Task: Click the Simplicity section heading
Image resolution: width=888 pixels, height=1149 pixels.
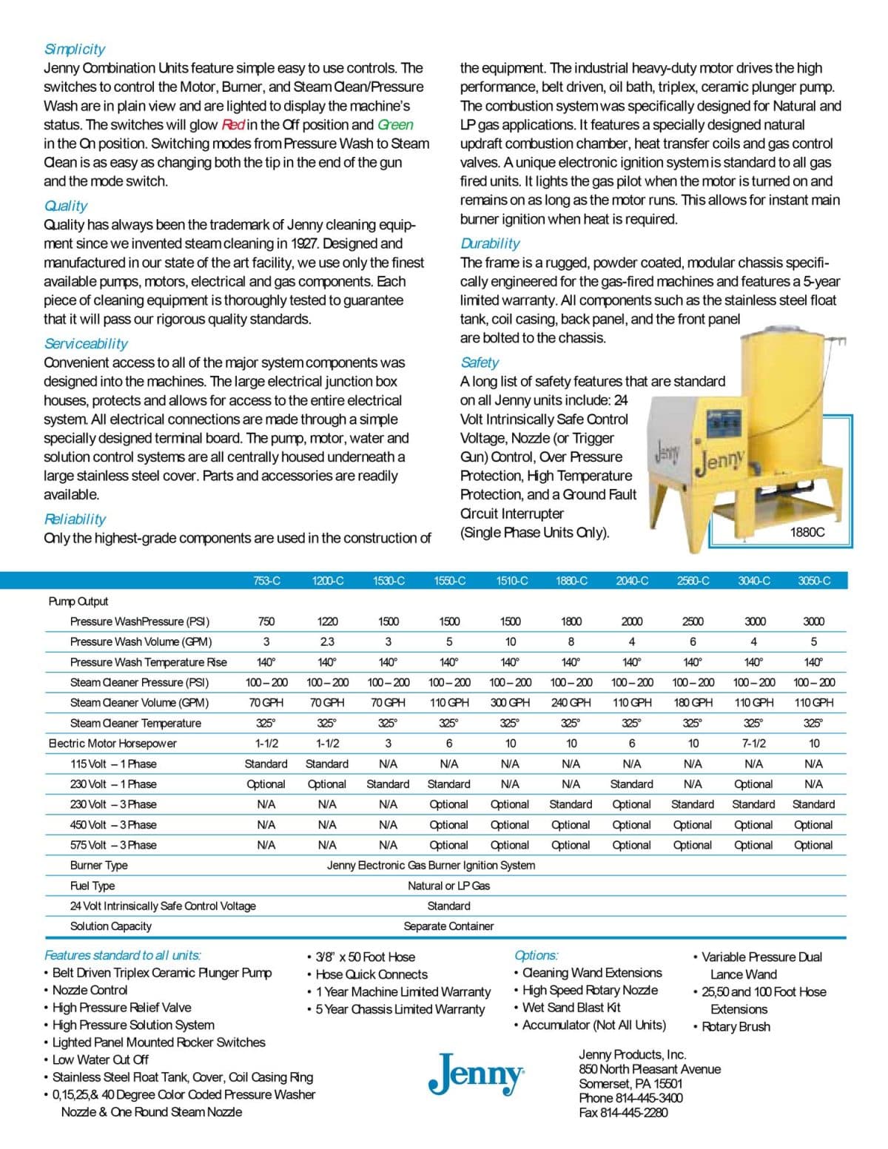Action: [x=74, y=49]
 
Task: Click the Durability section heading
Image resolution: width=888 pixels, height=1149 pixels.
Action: [x=490, y=243]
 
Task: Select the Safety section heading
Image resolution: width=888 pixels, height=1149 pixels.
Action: [x=480, y=363]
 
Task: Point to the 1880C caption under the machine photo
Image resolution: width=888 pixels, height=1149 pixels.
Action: [x=807, y=532]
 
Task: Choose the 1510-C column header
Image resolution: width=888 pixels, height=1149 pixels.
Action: [x=511, y=581]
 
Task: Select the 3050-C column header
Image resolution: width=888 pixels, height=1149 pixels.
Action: [x=813, y=581]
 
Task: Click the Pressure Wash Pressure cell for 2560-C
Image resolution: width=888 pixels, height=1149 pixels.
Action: [x=693, y=621]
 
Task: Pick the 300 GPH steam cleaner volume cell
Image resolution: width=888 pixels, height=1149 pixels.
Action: [x=510, y=703]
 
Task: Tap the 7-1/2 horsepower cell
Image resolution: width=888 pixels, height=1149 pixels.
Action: [x=753, y=744]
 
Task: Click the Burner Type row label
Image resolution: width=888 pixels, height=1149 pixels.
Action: [x=98, y=866]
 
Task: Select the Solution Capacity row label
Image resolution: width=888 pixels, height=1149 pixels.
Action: [x=110, y=926]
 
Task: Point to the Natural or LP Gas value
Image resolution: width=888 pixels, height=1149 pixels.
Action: [x=448, y=886]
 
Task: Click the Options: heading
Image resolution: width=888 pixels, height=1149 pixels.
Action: [x=536, y=955]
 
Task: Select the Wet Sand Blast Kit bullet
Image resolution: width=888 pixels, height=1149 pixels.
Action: [x=571, y=1008]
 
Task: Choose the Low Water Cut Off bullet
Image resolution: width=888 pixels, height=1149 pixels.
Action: [x=100, y=1059]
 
